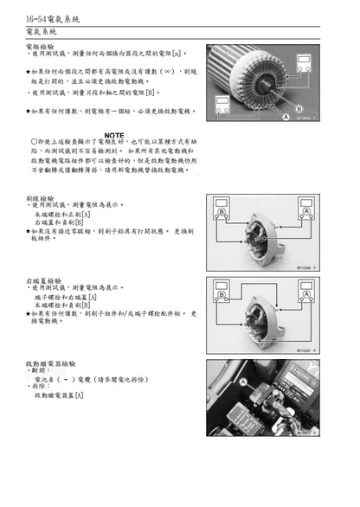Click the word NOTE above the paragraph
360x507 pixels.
tap(112, 135)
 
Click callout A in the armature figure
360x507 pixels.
tap(286, 114)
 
